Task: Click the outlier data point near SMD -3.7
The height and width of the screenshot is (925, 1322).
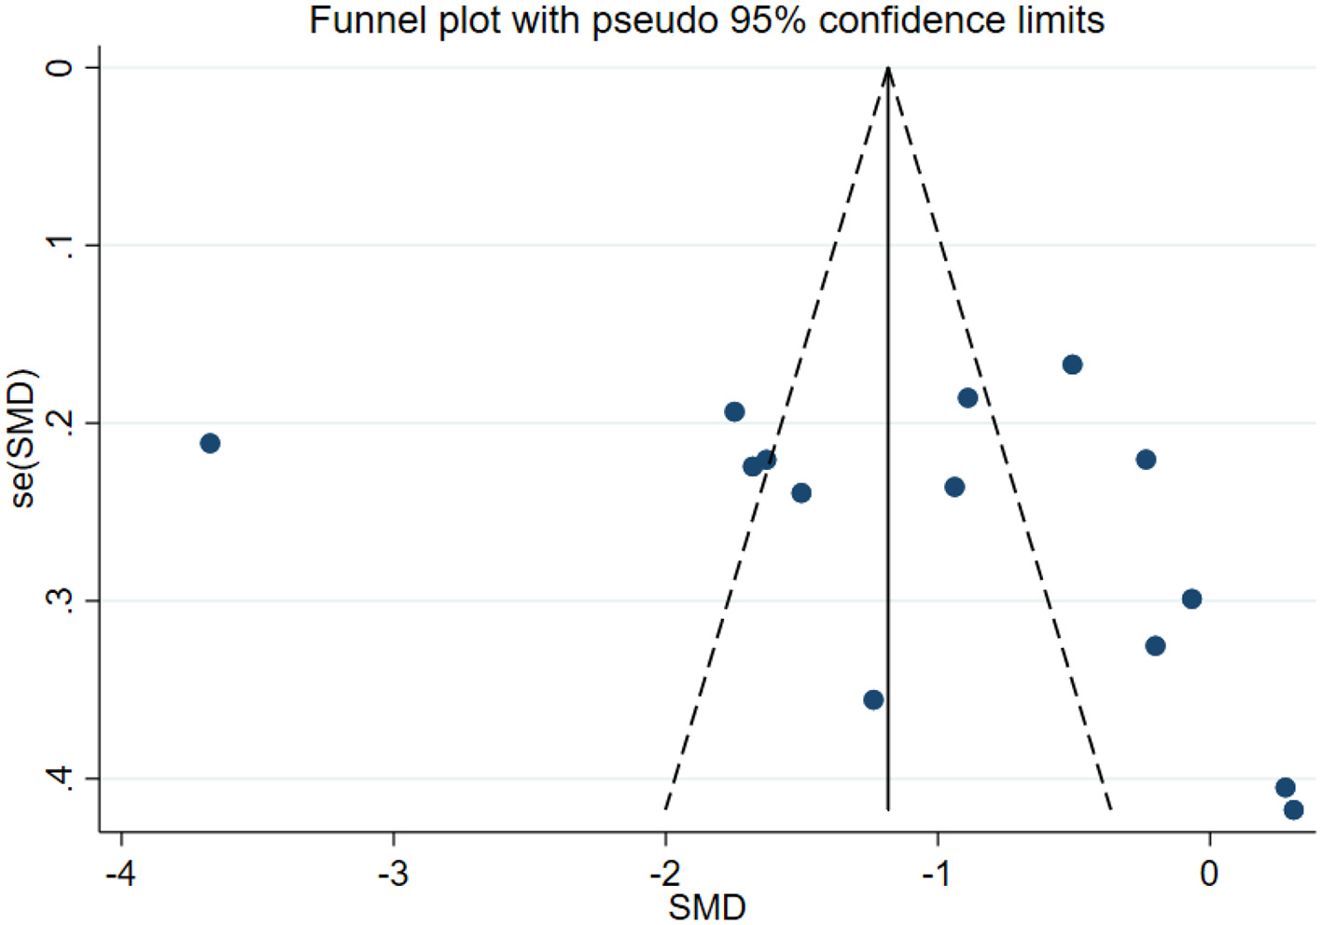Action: [x=210, y=443]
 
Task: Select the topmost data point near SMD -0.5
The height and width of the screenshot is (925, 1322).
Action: [x=1072, y=364]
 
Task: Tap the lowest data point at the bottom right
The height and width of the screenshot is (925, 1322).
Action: [x=1293, y=809]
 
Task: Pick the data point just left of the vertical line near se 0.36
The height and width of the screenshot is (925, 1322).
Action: [x=873, y=699]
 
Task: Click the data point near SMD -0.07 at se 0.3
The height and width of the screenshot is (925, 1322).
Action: [x=1191, y=599]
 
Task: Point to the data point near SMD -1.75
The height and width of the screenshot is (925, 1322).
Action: [x=734, y=411]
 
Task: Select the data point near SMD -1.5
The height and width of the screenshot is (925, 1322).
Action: [x=800, y=492]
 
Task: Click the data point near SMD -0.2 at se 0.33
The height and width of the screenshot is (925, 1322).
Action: [x=1155, y=645]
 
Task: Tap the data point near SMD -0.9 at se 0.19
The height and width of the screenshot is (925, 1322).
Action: [x=967, y=398]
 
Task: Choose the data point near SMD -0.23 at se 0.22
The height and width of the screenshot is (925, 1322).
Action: [x=1146, y=459]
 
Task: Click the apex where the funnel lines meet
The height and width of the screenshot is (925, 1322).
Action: [x=888, y=68]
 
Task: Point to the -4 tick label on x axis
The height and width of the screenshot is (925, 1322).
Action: [x=120, y=874]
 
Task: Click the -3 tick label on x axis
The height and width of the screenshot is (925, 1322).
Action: [x=393, y=874]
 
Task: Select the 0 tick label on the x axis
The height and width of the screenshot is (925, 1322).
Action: [x=1209, y=874]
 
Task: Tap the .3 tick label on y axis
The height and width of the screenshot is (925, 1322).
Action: [x=60, y=601]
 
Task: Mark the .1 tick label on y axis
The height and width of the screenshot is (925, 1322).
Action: [x=60, y=245]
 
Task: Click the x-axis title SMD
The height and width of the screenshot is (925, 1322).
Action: [x=706, y=907]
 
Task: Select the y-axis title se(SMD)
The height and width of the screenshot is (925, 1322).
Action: [x=22, y=438]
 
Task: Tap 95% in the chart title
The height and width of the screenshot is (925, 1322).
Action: [x=768, y=20]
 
